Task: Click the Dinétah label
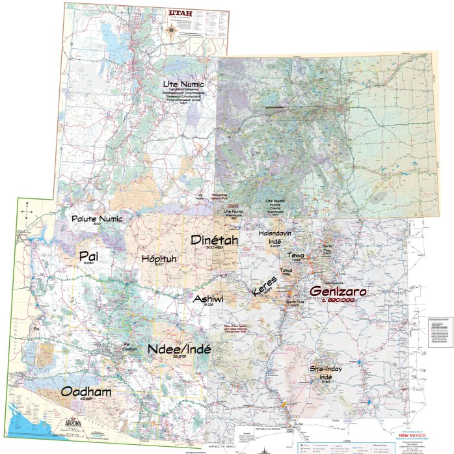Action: pyautogui.click(x=214, y=240)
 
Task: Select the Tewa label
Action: pyautogui.click(x=297, y=256)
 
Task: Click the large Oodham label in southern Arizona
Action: pyautogui.click(x=86, y=392)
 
